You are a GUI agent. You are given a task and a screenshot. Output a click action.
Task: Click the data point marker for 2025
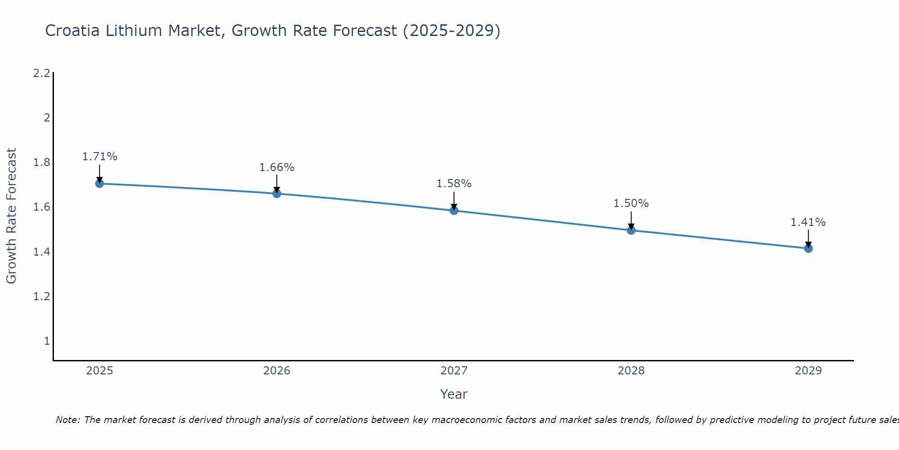tap(100, 184)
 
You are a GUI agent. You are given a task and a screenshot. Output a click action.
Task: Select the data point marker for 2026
tap(277, 193)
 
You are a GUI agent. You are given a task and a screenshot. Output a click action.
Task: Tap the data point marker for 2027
tap(454, 211)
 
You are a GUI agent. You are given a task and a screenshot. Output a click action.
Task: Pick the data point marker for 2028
tap(631, 230)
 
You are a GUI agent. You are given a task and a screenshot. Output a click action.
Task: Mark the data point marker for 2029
tap(808, 248)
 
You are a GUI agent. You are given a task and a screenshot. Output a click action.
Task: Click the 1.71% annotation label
tap(100, 157)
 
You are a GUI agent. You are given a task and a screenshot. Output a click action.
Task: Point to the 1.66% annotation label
tap(277, 167)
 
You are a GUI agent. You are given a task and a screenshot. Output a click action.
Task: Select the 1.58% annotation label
tap(454, 184)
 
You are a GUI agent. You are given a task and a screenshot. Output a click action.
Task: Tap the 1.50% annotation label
tap(631, 203)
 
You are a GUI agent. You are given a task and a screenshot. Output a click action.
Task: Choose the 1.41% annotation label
tap(808, 222)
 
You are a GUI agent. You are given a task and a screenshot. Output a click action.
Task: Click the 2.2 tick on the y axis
tap(42, 73)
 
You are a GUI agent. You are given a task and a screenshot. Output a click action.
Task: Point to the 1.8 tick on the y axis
tap(42, 162)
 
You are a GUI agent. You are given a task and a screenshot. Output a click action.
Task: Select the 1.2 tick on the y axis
tap(42, 297)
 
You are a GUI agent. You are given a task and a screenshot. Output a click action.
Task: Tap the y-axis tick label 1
tap(47, 341)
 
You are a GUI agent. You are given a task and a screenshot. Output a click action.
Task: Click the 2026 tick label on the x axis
tap(277, 371)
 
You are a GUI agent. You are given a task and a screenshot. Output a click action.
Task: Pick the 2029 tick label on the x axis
tap(808, 371)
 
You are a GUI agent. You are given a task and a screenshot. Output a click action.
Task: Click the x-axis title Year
tap(454, 394)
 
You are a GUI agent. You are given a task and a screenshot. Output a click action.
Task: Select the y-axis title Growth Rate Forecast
tap(11, 216)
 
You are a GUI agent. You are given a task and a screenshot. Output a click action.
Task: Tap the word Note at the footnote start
tap(67, 420)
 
